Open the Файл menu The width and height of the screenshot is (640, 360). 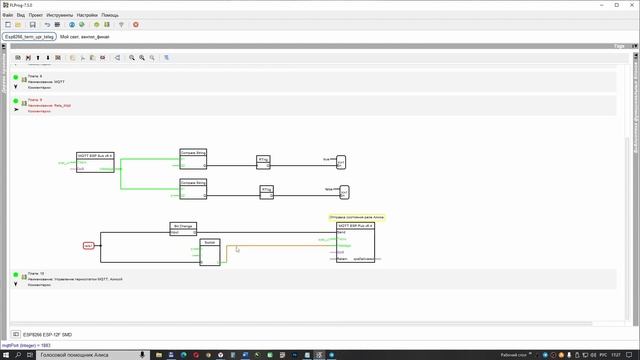click(8, 15)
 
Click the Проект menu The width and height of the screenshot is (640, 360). click(35, 15)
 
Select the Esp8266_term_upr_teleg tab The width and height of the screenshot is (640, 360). click(30, 36)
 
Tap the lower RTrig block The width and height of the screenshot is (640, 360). click(267, 190)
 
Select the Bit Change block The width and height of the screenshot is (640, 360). click(183, 228)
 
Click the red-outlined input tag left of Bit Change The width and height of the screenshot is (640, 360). click(88, 245)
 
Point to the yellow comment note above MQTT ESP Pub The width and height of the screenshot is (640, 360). click(356, 217)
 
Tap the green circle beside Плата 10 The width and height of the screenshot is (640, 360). click(17, 275)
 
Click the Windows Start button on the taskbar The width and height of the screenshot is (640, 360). click(6, 353)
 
